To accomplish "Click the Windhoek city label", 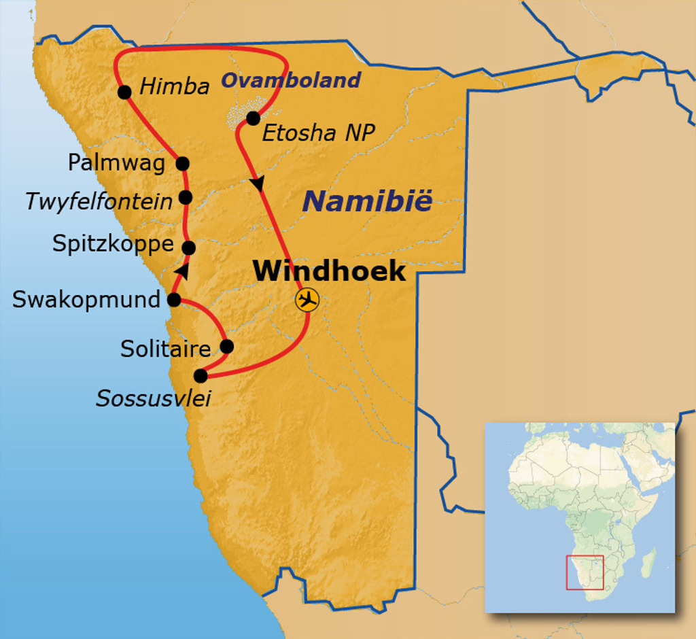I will point(329,271).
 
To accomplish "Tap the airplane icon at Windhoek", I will point(307,299).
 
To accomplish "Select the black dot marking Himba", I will point(124,92).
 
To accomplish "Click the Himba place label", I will point(174,87).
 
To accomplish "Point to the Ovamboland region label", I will point(291,80).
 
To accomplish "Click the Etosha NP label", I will point(318,133).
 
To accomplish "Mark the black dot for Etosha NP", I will point(253,118).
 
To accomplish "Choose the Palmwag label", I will point(116,162).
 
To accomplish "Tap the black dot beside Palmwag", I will point(182,163).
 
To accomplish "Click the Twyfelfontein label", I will point(99,201).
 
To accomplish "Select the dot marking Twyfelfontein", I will point(186,197).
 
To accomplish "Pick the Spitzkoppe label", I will point(113,243).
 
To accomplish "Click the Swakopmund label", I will point(86,299).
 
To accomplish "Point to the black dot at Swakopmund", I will point(174,299).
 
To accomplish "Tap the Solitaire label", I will point(166,349).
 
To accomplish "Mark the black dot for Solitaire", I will point(227,347).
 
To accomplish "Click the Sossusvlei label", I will point(153,398).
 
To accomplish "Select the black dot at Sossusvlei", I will point(201,375).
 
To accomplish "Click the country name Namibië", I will point(367,201).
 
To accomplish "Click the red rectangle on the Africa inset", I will point(585,572).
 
